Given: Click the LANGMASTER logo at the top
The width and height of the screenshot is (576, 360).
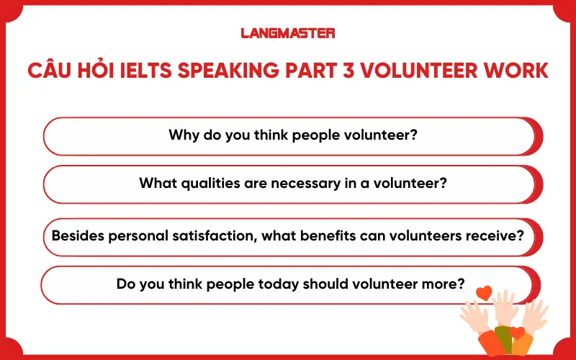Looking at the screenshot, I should [x=288, y=32].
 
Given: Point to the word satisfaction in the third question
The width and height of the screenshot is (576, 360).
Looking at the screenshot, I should [x=212, y=235].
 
